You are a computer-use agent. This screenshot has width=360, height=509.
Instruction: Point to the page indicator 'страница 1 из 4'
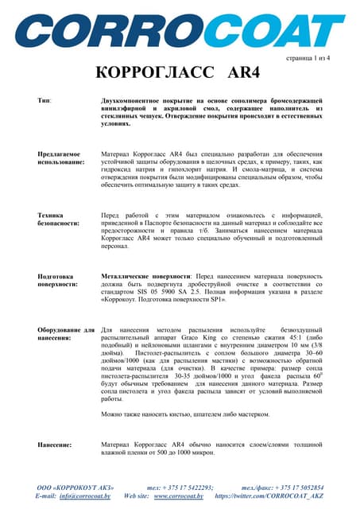pos(307,59)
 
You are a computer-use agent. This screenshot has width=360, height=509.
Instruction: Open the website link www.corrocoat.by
pos(179,495)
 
